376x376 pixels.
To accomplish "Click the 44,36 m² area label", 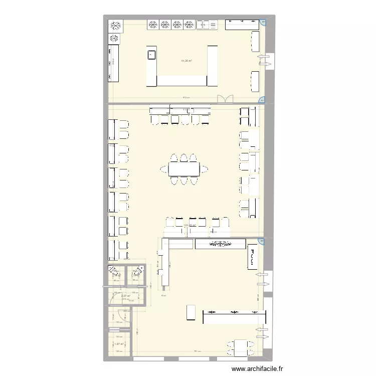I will pos(186,62).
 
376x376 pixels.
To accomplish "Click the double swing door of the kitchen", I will pos(225,99).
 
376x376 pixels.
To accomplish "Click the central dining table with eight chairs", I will pos(184,169).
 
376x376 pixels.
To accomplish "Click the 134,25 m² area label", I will pos(191,225).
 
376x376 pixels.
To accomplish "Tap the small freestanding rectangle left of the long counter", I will pos(191,312).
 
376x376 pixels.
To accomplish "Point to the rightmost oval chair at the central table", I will pos(205,169).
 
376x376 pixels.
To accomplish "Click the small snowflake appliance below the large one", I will pos(114,38).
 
